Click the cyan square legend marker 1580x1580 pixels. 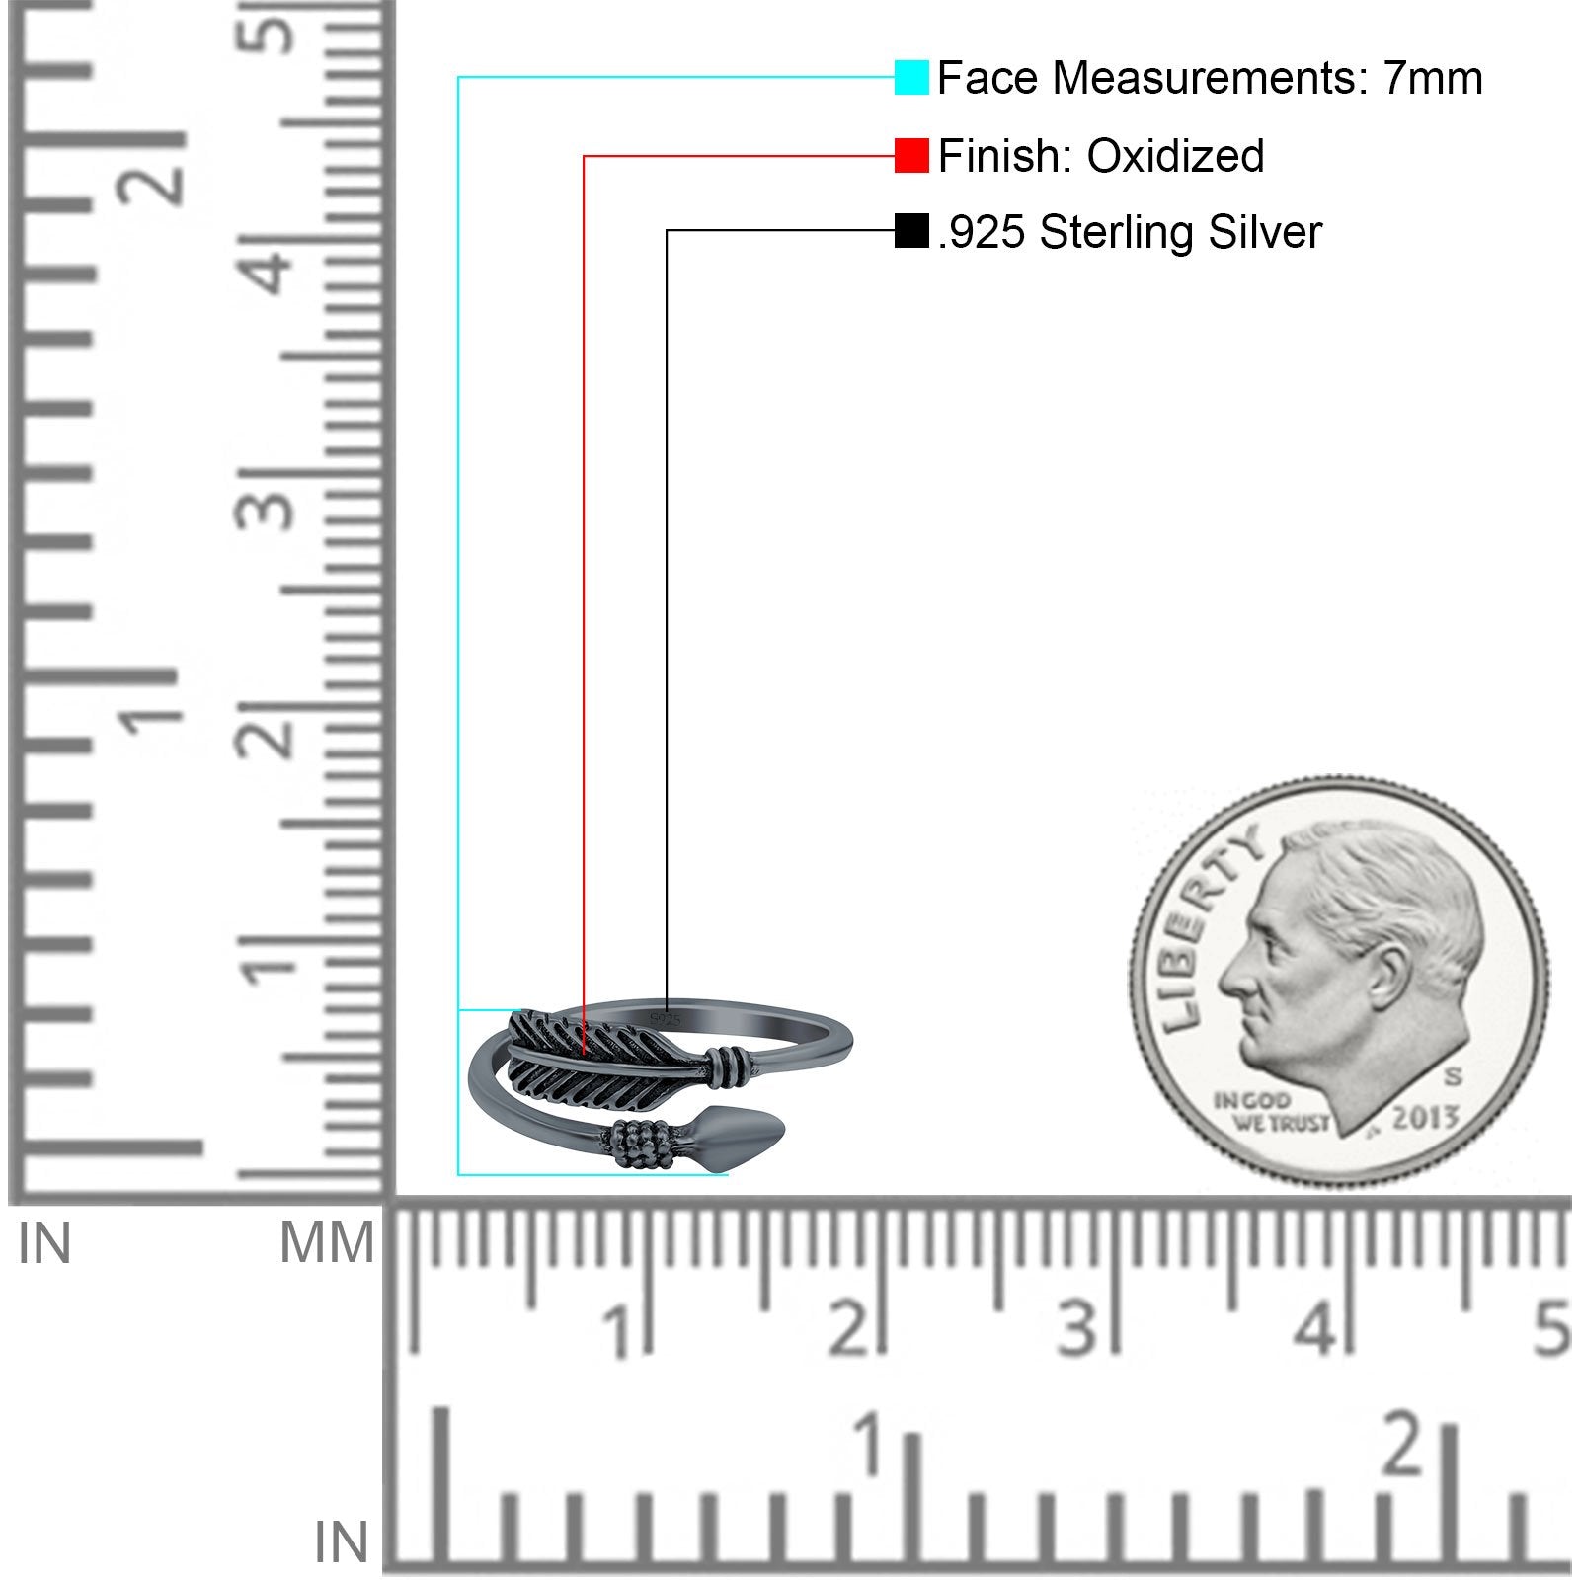911,77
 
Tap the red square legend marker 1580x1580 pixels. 911,156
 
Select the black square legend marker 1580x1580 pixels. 911,231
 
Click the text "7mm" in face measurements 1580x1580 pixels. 1432,78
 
